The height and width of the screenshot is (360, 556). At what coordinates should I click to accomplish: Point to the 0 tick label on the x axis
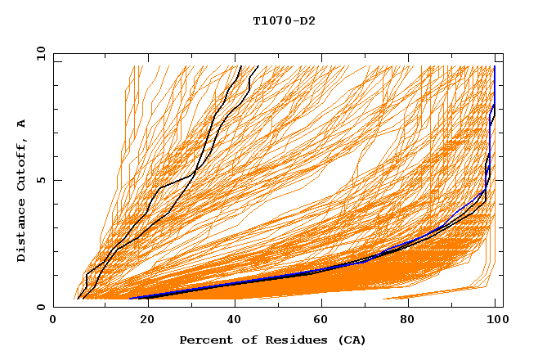tap(53, 322)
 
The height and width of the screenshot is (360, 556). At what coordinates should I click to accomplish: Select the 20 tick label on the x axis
tap(142, 322)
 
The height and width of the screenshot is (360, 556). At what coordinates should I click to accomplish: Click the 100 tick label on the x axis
tap(495, 322)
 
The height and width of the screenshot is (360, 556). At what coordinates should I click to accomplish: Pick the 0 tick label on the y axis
tap(41, 307)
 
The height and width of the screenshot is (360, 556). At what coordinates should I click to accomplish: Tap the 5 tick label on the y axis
tap(41, 180)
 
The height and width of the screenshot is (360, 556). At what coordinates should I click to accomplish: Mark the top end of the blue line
tap(495, 66)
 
